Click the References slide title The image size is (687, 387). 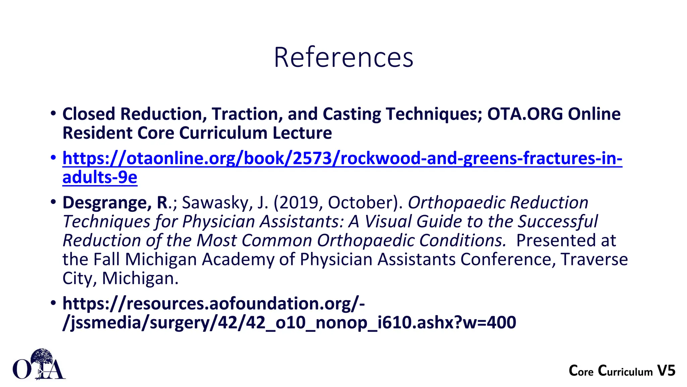(343, 57)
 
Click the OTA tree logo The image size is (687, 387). (39, 365)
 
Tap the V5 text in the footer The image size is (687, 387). (666, 371)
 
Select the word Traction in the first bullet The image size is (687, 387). (247, 114)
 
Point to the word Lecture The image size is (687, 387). (302, 133)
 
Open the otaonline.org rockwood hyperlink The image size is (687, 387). (342, 158)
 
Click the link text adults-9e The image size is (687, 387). (100, 177)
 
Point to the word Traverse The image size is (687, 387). (594, 259)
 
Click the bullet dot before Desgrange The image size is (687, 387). (53, 202)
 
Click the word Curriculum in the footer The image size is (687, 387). (625, 371)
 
